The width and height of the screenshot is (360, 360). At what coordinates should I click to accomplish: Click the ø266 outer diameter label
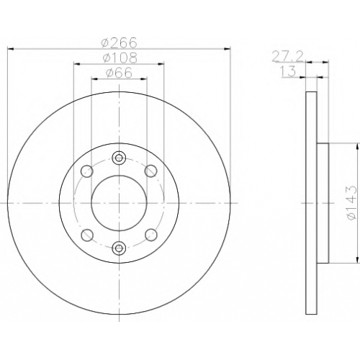point(120,42)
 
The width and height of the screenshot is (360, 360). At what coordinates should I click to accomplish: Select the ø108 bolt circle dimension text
point(120,58)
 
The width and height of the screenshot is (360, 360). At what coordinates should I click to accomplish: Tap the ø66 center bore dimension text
point(119,73)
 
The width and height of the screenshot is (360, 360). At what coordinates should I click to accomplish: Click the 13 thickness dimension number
point(288,71)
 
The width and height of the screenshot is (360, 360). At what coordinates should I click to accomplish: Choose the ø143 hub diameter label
point(351,203)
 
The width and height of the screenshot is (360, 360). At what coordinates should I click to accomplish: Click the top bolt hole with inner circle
point(119,158)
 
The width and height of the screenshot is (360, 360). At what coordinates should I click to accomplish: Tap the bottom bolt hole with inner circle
point(119,248)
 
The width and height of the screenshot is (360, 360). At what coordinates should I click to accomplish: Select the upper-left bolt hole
point(87,171)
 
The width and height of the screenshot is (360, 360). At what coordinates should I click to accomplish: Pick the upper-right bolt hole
point(151,171)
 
